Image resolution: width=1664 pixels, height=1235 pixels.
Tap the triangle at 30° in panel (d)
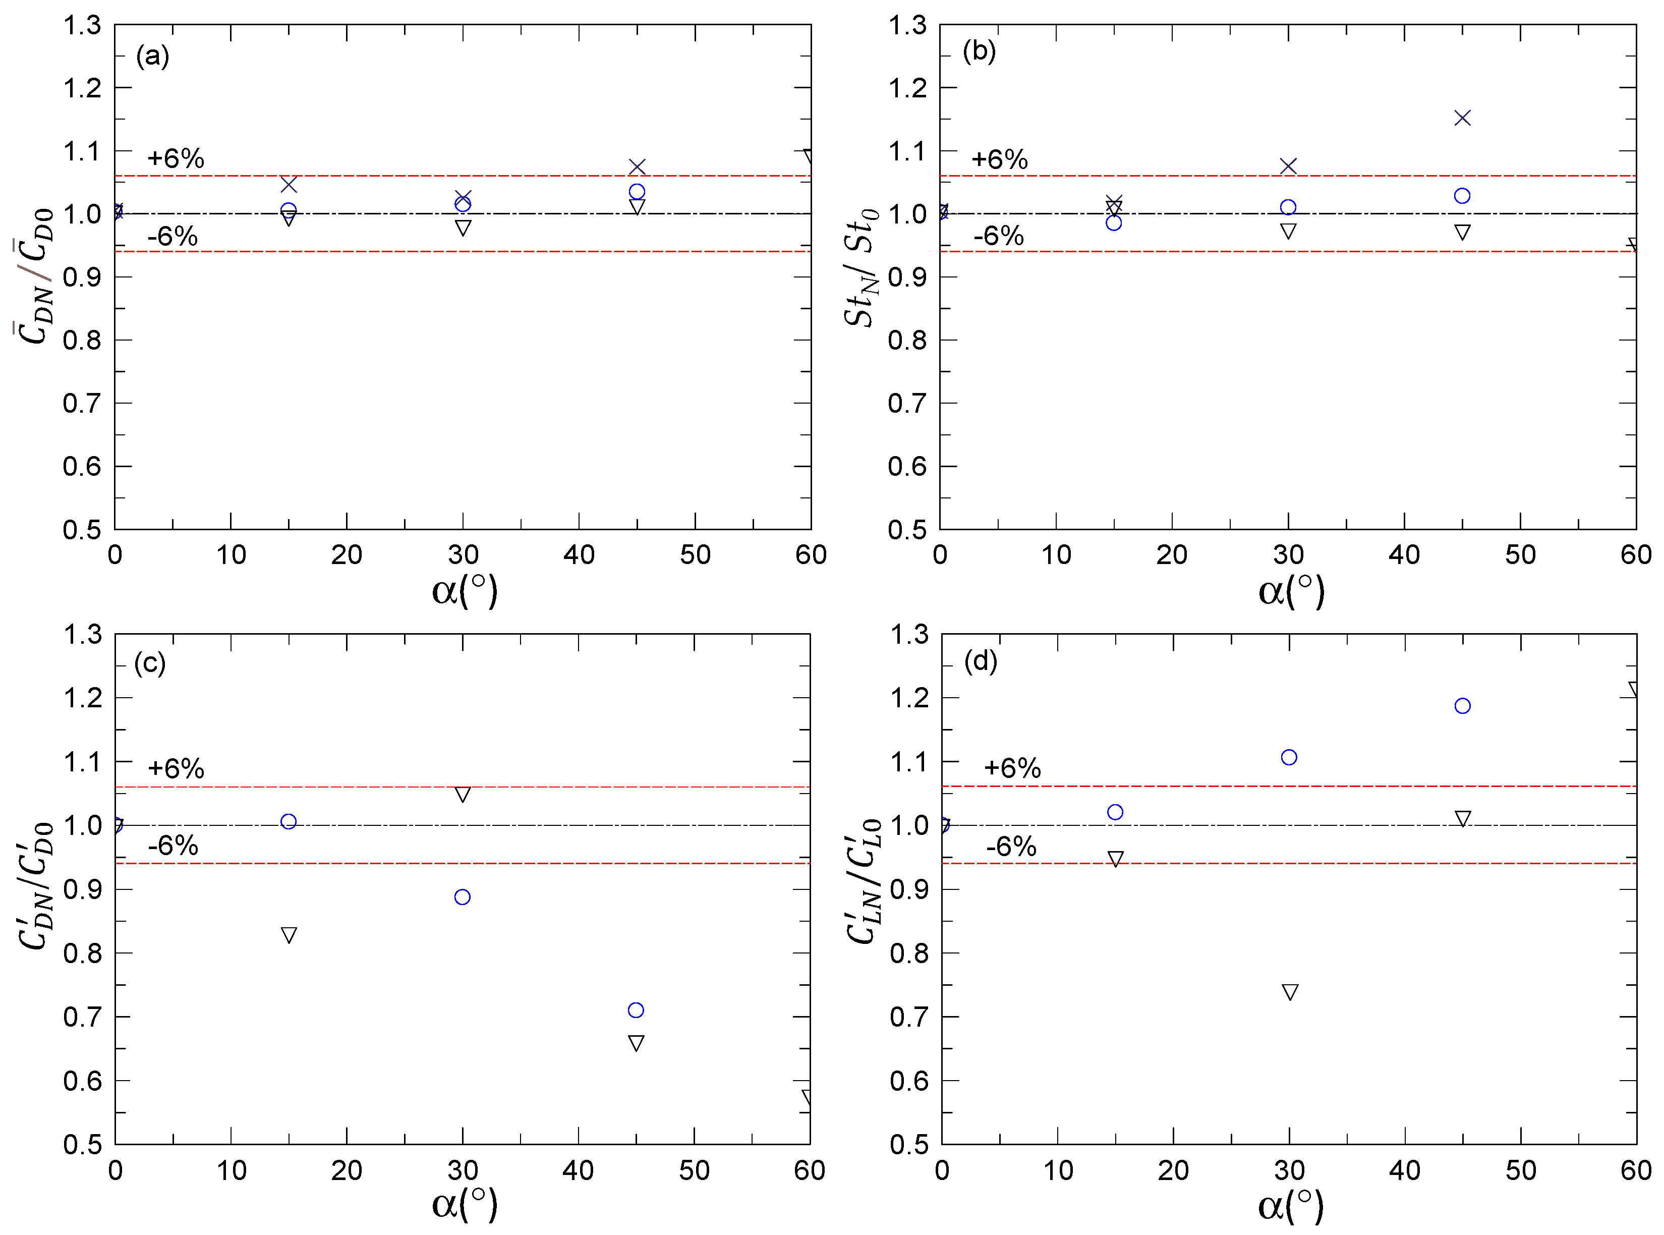1290,991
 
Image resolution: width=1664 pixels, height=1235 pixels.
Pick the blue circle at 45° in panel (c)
636,1010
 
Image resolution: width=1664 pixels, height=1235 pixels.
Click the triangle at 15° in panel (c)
289,934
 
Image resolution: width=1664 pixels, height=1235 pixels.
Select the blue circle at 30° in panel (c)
462,896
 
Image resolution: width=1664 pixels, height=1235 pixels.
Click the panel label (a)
152,55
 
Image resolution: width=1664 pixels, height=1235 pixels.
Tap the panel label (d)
980,661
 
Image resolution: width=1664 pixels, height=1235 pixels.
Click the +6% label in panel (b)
999,159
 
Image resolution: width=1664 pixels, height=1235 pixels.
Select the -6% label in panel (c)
173,846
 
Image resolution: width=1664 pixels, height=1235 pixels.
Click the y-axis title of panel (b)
861,267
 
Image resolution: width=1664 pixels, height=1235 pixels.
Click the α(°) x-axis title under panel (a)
464,591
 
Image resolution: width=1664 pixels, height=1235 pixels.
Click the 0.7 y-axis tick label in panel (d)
908,1017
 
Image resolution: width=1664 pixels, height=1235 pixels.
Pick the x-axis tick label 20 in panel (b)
1171,555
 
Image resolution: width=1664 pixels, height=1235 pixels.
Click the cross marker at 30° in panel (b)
1288,166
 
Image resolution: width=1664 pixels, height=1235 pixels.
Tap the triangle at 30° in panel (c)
462,794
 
